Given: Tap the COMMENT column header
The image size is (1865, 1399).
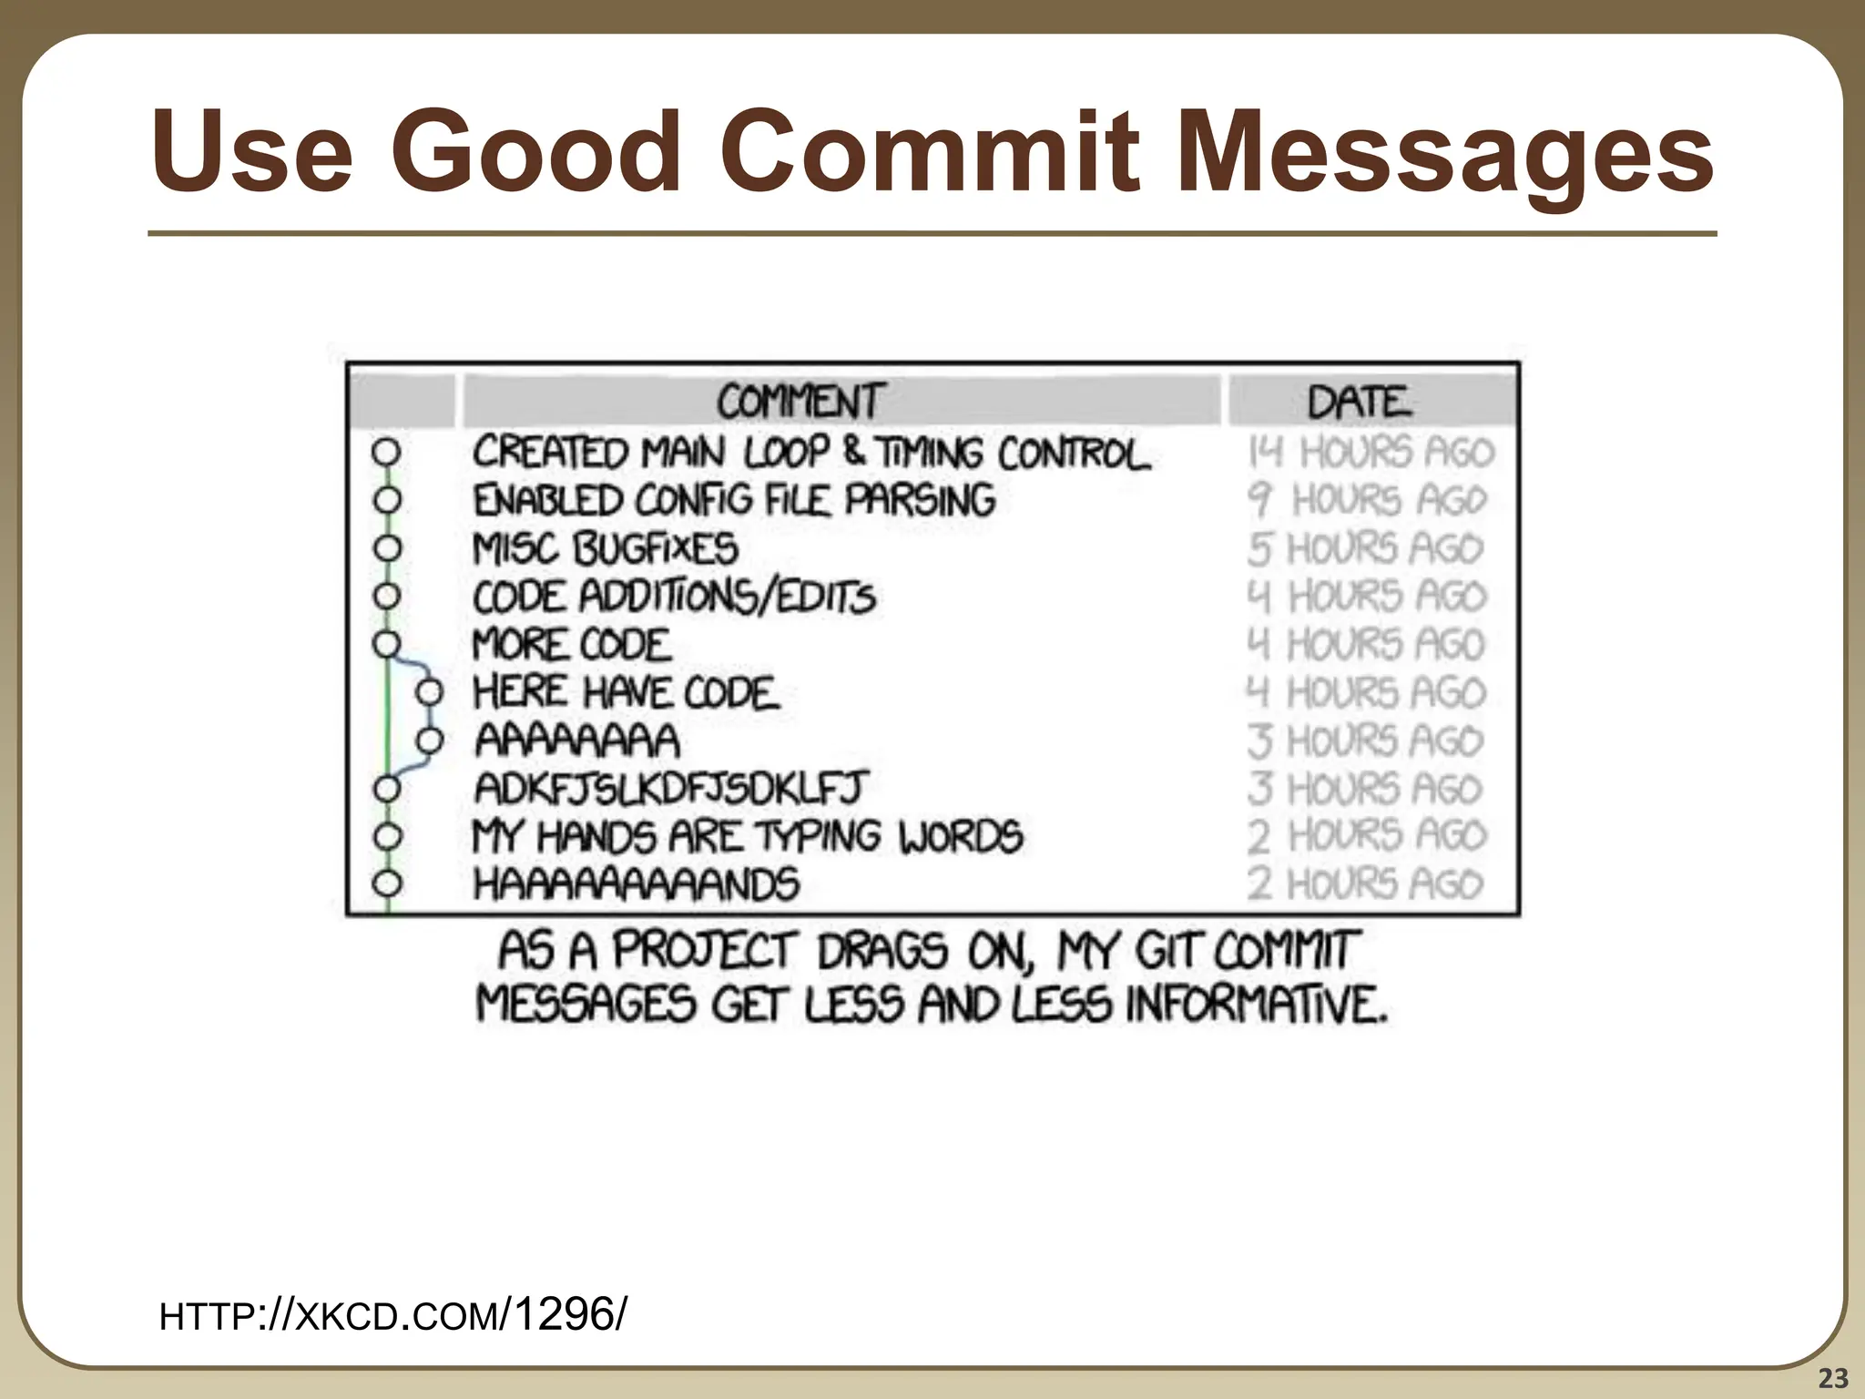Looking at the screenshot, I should [799, 402].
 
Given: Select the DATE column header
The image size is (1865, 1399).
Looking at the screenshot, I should [1360, 402].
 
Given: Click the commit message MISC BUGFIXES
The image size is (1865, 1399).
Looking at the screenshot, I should [606, 548].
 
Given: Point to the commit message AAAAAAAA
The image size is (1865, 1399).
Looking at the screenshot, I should [577, 740].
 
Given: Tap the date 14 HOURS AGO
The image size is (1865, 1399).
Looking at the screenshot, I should [1371, 453].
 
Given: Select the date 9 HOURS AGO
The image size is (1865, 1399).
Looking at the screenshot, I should [1367, 500].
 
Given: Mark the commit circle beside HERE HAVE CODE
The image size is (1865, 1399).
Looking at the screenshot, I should [429, 693].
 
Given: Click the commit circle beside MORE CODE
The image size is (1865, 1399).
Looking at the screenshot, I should [387, 644].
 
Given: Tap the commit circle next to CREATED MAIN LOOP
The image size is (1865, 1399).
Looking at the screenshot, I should [387, 452].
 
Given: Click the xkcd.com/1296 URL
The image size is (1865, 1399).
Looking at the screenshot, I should [392, 1315].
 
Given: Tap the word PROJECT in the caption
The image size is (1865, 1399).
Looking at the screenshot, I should [705, 951].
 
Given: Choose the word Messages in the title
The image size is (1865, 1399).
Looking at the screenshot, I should [1445, 150].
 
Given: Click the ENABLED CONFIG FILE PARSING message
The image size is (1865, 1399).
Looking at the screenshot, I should [734, 500].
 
